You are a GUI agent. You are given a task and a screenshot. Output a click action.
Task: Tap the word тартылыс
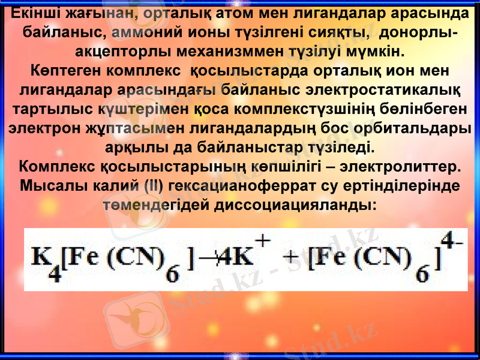(x=51, y=110)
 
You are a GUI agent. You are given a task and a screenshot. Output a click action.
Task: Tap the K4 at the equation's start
(x=44, y=261)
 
